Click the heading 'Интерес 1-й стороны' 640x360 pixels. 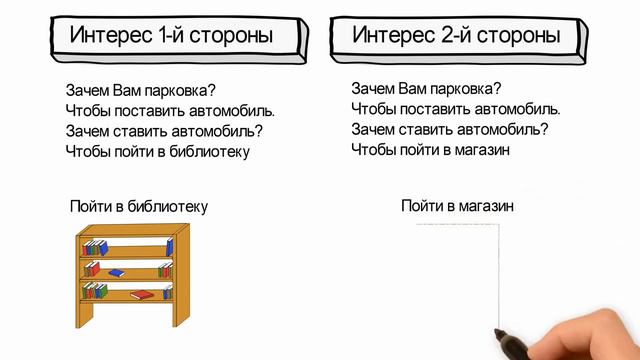click(171, 36)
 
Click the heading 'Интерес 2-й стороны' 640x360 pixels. click(456, 36)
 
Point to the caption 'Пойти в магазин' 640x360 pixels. click(457, 206)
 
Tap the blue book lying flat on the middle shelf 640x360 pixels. click(116, 273)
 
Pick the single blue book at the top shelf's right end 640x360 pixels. click(169, 245)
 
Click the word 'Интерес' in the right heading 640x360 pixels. click(393, 36)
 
